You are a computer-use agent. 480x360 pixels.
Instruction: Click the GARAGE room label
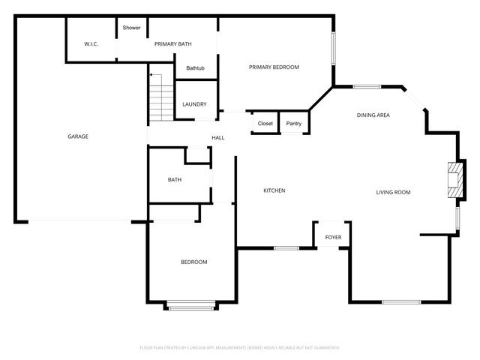(78, 136)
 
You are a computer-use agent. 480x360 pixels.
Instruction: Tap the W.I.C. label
(91, 44)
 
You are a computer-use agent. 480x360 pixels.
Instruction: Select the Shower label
(132, 28)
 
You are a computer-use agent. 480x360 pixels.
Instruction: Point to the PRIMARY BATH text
(173, 44)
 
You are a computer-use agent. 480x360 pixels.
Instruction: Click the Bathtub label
(196, 69)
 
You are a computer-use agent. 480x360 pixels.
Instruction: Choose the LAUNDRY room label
(194, 104)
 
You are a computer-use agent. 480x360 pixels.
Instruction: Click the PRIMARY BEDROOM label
(274, 67)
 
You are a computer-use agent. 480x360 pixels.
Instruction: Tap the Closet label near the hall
(265, 123)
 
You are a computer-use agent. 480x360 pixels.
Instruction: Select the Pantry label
(294, 123)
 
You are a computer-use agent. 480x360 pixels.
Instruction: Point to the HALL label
(218, 138)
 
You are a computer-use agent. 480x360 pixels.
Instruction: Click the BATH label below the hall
(175, 180)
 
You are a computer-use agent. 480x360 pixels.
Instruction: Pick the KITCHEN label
(274, 190)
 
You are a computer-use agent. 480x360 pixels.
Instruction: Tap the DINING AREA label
(373, 115)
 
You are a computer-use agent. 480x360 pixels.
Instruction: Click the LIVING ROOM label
(393, 193)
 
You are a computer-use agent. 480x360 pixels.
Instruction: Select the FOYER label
(333, 238)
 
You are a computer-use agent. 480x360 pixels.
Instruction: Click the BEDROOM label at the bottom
(193, 262)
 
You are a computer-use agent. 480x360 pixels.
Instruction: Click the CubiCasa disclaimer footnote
(240, 348)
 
